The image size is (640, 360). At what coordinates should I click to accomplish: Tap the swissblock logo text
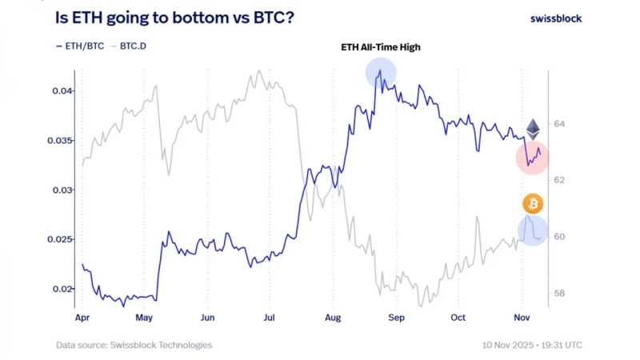click(557, 18)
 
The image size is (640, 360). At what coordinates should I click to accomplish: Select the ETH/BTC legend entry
click(81, 46)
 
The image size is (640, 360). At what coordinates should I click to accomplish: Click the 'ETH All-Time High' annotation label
click(381, 48)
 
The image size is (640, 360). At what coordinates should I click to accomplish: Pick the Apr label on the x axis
click(82, 317)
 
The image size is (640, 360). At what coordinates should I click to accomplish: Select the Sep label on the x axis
click(396, 317)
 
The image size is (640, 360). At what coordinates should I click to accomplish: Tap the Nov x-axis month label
click(521, 317)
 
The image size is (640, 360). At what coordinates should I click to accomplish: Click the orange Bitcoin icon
click(533, 204)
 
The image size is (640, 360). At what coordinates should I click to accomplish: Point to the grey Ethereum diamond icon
click(533, 129)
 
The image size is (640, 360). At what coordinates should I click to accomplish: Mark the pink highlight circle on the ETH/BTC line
click(532, 158)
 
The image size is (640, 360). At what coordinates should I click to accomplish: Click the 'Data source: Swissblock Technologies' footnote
click(134, 345)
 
